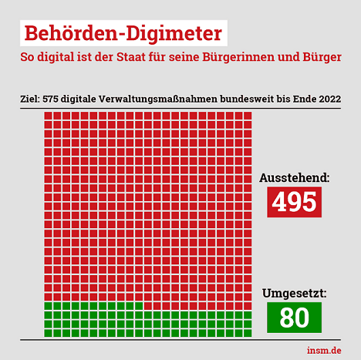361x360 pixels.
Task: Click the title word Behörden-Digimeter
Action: (123, 33)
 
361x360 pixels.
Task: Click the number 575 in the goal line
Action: (50, 99)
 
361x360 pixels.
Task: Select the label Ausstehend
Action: (295, 178)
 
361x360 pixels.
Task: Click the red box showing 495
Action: (294, 202)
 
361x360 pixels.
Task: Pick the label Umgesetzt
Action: (295, 294)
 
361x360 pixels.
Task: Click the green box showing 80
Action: (294, 318)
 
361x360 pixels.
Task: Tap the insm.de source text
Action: (324, 350)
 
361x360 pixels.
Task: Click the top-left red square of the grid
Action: (48, 116)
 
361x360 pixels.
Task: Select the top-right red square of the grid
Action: (248, 116)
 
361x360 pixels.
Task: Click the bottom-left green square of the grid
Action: (48, 333)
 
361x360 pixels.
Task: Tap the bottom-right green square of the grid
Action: (248, 333)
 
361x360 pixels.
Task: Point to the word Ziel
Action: (30, 99)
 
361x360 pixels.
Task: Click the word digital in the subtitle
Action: (56, 57)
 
